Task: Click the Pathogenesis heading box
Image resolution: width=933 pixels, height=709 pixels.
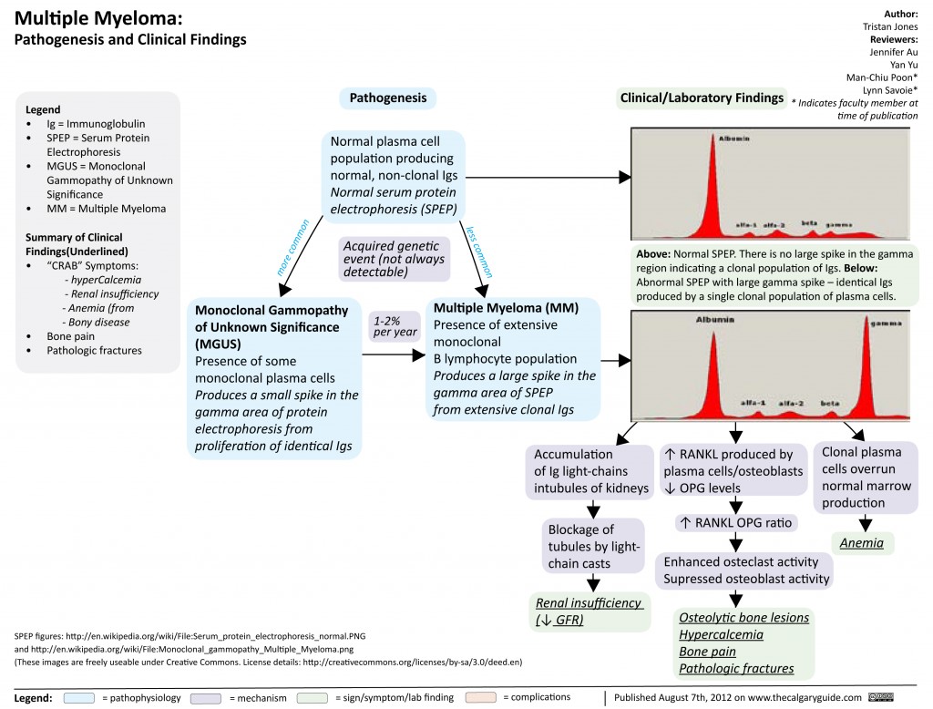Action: pyautogui.click(x=387, y=98)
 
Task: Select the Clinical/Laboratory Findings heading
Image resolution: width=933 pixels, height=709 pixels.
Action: pyautogui.click(x=702, y=98)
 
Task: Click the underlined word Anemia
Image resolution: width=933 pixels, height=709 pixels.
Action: pyautogui.click(x=863, y=543)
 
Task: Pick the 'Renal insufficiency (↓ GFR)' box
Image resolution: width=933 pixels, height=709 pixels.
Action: pyautogui.click(x=589, y=611)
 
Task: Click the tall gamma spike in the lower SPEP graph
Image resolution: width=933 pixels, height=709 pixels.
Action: pyautogui.click(x=863, y=365)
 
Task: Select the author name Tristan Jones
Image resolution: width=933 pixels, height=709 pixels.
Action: pyautogui.click(x=890, y=26)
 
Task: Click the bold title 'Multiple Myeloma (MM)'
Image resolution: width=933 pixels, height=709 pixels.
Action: pyautogui.click(x=506, y=308)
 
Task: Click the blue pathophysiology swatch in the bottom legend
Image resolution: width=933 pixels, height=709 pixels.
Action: pyautogui.click(x=80, y=697)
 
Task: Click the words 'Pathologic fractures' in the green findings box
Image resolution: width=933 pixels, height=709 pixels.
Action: pyautogui.click(x=736, y=668)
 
